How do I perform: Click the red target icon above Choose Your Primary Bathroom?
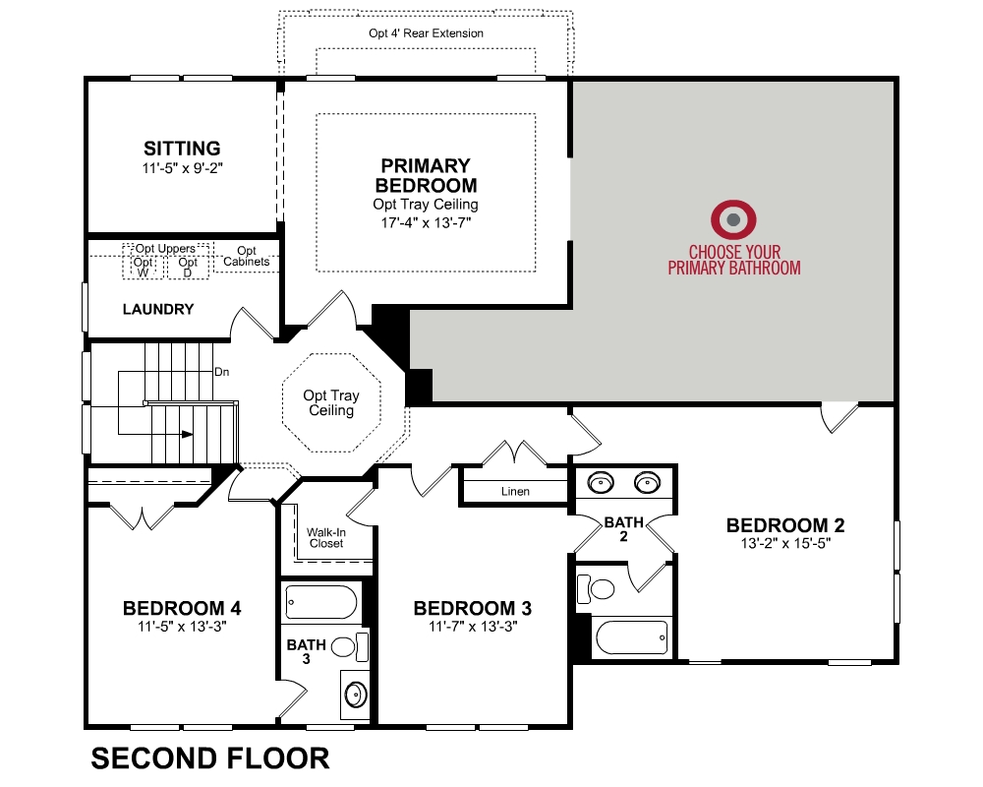pyautogui.click(x=733, y=219)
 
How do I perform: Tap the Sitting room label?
pyautogui.click(x=182, y=149)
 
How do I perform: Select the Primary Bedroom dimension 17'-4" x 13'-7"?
pyautogui.click(x=426, y=222)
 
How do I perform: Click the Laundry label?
pyautogui.click(x=158, y=309)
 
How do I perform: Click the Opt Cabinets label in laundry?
pyautogui.click(x=247, y=256)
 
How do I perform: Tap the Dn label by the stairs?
pyautogui.click(x=222, y=372)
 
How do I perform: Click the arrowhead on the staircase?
pyautogui.click(x=187, y=434)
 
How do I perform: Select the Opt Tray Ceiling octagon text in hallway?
pyautogui.click(x=331, y=402)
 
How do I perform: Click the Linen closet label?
pyautogui.click(x=515, y=492)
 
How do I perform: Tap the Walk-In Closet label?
pyautogui.click(x=326, y=538)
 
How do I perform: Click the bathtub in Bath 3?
pyautogui.click(x=321, y=602)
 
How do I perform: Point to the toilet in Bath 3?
pyautogui.click(x=349, y=646)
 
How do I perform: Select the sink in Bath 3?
pyautogui.click(x=356, y=695)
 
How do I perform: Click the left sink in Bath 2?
pyautogui.click(x=601, y=483)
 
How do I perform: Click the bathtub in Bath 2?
pyautogui.click(x=631, y=637)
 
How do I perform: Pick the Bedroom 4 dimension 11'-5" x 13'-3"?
pyautogui.click(x=182, y=627)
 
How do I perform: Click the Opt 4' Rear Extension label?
pyautogui.click(x=427, y=33)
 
